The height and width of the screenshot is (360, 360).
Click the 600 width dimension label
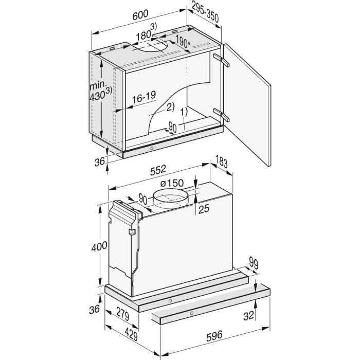click(140, 15)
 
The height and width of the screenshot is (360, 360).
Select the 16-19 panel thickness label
click(144, 97)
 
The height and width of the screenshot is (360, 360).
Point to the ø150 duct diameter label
click(172, 183)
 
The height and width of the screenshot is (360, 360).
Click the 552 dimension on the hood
click(158, 170)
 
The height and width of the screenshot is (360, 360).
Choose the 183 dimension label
click(222, 161)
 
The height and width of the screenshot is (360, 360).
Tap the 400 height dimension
click(99, 246)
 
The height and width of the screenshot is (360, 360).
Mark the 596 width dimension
click(214, 336)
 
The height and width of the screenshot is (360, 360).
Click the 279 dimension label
click(123, 314)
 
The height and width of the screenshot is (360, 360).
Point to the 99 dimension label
click(254, 263)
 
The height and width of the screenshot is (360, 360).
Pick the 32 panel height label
click(248, 316)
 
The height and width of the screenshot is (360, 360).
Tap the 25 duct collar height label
click(204, 209)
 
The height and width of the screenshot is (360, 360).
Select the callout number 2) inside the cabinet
click(170, 107)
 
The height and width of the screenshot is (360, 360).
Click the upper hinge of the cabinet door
click(221, 60)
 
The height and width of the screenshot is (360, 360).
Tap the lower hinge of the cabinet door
click(221, 115)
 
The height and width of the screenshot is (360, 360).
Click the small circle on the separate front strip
click(192, 313)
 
